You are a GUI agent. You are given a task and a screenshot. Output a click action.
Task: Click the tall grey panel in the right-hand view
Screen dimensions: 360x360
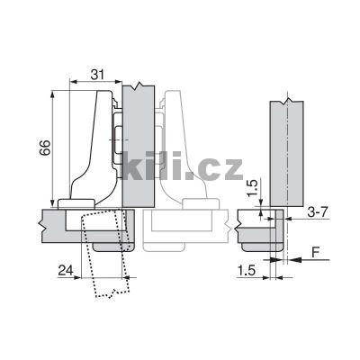click(287, 153)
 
